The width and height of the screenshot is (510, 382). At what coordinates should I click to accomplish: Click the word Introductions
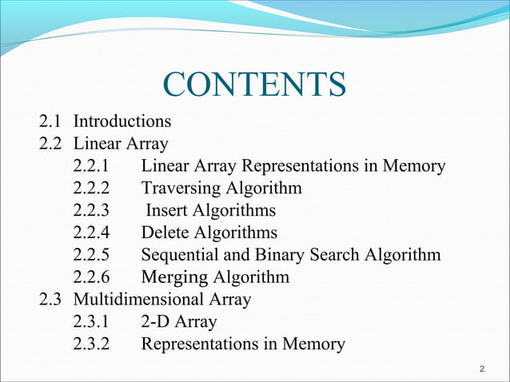[122, 122]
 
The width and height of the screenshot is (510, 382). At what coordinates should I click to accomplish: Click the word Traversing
[181, 189]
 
